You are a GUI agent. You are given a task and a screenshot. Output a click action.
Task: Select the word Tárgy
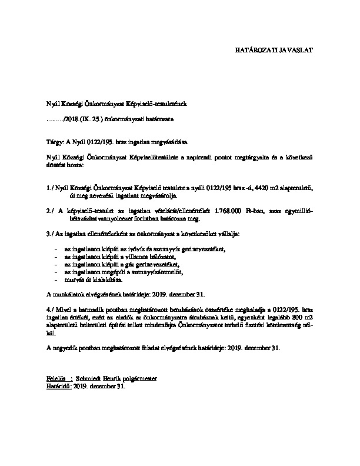pos(54,142)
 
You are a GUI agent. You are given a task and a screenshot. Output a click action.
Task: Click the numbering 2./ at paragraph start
pos(50,210)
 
